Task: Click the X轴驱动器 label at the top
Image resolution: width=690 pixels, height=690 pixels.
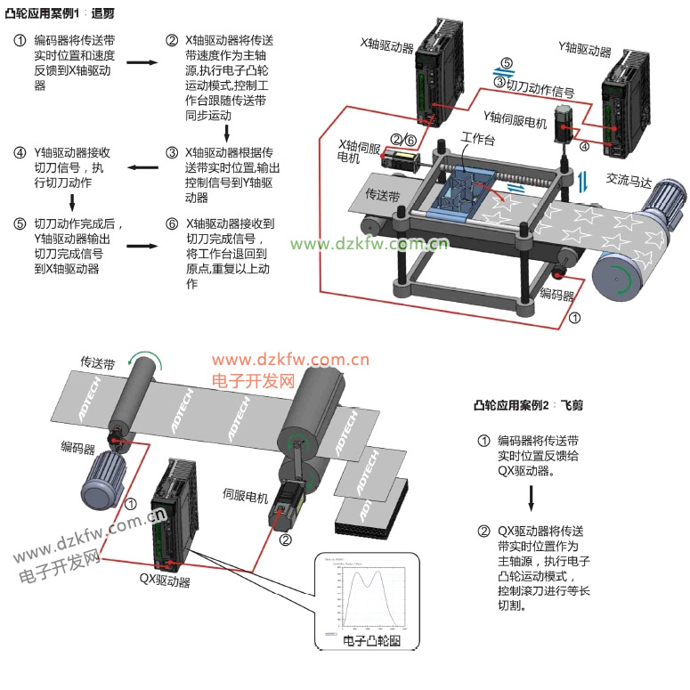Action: click(386, 43)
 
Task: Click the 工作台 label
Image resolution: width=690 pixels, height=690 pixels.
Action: click(478, 140)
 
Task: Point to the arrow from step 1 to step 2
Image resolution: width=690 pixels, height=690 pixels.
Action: click(139, 62)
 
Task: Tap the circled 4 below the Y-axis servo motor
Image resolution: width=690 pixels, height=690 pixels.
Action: click(584, 146)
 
